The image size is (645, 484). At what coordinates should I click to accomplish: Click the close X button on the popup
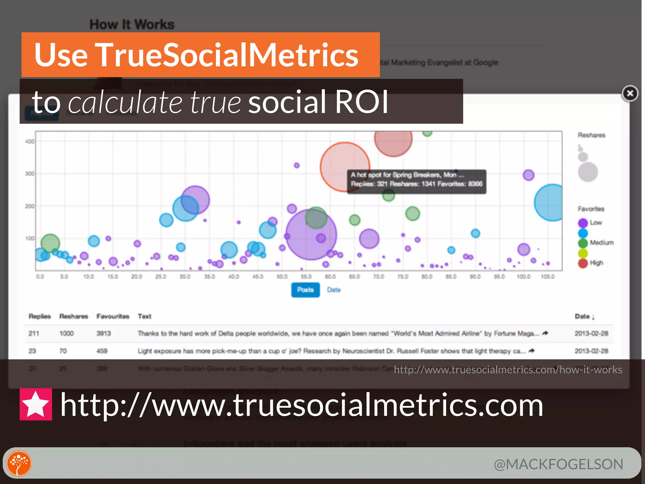point(630,94)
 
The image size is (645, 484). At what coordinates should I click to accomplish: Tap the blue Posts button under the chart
point(305,290)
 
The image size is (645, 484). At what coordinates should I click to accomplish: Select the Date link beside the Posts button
point(334,290)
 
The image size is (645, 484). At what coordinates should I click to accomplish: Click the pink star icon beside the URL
point(36,404)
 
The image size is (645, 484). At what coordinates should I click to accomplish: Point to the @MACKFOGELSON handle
point(558,464)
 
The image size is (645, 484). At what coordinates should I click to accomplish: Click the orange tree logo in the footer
point(19,464)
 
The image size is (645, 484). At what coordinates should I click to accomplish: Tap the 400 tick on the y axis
point(30,141)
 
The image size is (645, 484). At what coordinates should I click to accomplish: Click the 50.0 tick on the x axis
point(282,277)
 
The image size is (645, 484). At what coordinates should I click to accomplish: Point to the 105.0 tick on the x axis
point(547,277)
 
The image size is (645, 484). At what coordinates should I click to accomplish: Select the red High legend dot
point(583,263)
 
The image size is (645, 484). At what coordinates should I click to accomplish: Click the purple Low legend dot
point(583,223)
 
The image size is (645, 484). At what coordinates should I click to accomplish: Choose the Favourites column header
point(113,316)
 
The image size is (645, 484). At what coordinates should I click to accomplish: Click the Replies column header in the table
point(40,316)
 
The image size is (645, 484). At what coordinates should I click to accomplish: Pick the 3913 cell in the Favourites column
point(104,333)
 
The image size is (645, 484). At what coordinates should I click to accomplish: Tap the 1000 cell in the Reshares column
point(66,333)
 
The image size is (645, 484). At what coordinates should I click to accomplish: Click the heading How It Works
point(132,25)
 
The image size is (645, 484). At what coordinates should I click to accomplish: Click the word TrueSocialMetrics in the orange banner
point(227,55)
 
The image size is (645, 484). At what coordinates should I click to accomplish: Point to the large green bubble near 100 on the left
point(50,243)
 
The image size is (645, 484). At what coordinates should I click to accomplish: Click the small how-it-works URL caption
point(508,370)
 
